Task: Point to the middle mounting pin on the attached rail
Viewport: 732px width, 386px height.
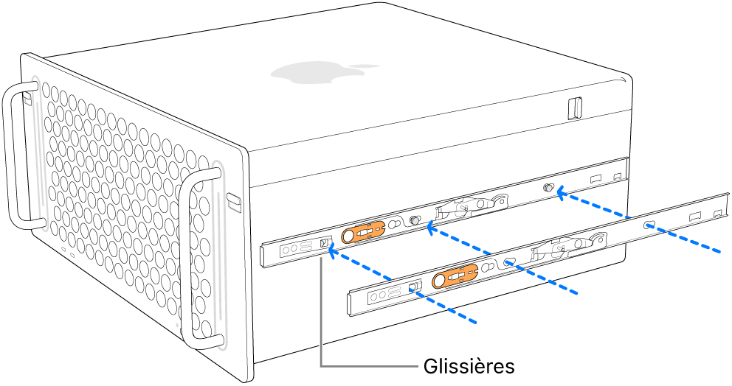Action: point(415,220)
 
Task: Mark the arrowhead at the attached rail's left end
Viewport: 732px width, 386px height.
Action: point(334,253)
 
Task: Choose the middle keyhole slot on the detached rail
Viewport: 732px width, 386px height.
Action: point(509,261)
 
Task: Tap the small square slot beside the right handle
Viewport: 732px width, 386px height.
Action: point(233,200)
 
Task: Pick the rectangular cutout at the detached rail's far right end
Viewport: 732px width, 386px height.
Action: point(717,213)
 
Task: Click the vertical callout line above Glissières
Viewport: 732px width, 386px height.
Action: point(321,309)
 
